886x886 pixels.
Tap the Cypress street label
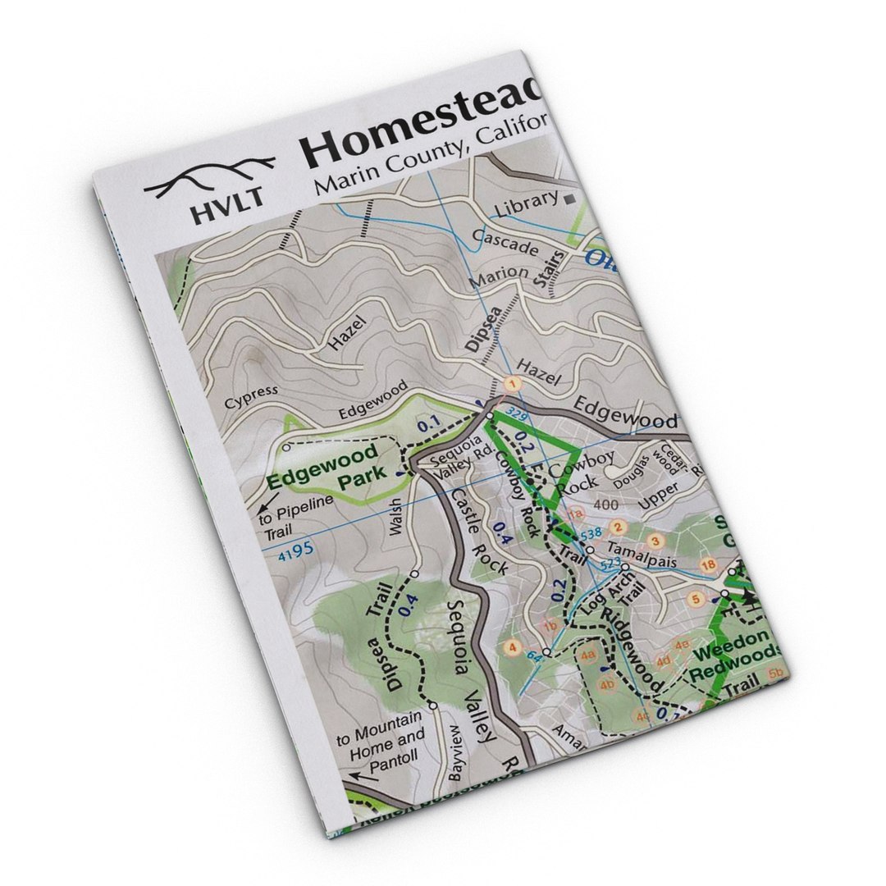[251, 396]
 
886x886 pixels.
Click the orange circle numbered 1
[514, 383]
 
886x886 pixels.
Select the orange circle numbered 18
[709, 565]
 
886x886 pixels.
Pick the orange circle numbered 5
[696, 599]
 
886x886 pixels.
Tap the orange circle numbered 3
[655, 540]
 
